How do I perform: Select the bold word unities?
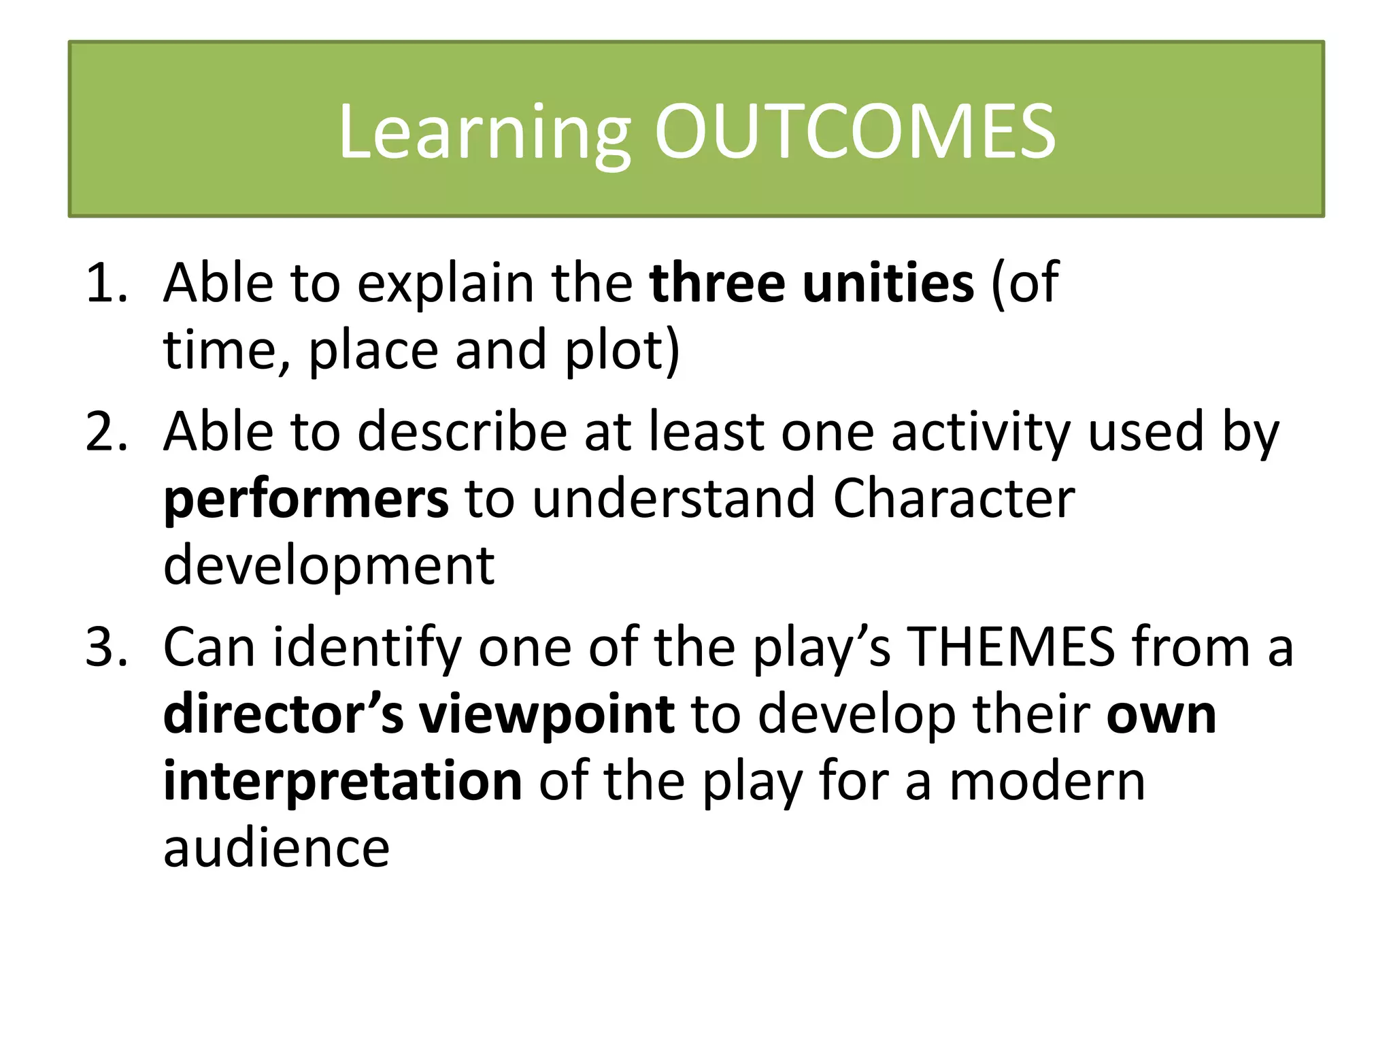(888, 282)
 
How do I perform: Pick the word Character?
(954, 498)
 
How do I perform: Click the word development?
(329, 566)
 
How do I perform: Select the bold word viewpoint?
(547, 716)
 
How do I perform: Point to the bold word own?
(1161, 716)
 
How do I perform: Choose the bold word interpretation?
(343, 782)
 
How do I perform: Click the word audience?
(276, 848)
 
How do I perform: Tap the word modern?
(1047, 782)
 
